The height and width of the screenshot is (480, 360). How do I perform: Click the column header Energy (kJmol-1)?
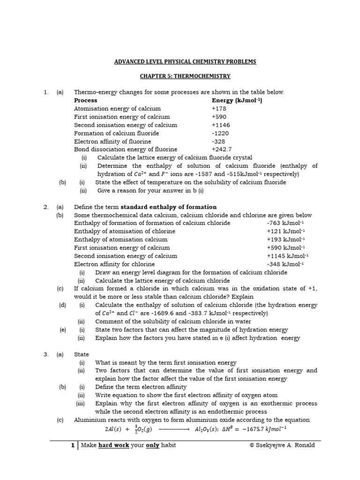coord(237,100)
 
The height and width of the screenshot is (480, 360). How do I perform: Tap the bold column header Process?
coord(86,100)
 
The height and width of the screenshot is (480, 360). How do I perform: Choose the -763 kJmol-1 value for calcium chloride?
coord(285,223)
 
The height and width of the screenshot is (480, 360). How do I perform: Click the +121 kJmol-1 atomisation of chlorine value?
coord(285,231)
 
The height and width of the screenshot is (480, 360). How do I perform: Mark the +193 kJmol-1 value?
coord(285,240)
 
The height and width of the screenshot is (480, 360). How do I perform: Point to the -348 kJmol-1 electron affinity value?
coord(285,264)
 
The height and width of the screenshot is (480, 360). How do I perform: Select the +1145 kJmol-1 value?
coord(287,256)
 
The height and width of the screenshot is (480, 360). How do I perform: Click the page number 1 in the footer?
coord(73,445)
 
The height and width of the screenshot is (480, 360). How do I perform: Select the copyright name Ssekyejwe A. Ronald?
coord(285,445)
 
